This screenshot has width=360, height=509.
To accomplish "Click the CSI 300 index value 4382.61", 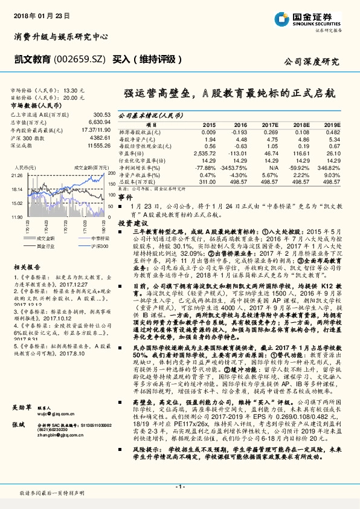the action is (98, 138).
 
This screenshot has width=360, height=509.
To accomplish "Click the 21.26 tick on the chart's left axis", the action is (16, 174).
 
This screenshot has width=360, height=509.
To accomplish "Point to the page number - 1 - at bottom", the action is (179, 487).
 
